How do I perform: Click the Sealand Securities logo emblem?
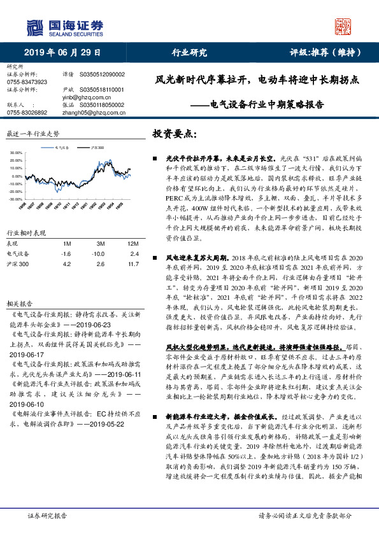[34, 27]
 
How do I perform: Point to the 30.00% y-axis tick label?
[16, 153]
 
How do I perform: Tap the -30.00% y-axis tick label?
[16, 199]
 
